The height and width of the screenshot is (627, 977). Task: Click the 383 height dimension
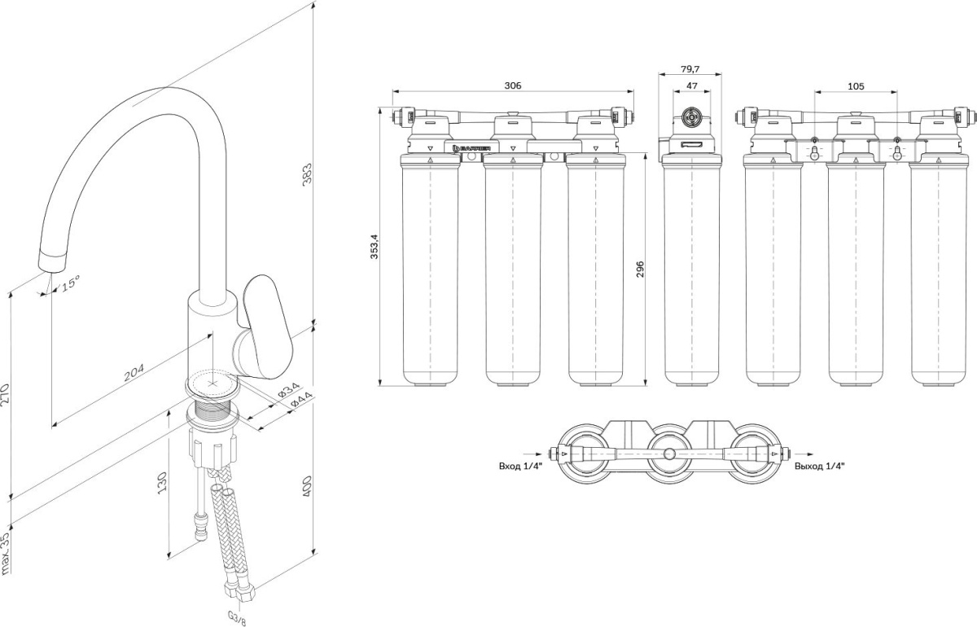[308, 173]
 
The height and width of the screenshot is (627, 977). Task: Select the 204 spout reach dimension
[134, 372]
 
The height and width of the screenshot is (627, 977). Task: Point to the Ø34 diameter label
[289, 390]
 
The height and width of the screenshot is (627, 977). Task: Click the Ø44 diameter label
[302, 400]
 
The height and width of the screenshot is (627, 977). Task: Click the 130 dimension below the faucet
[162, 483]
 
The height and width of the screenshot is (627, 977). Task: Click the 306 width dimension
[512, 85]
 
